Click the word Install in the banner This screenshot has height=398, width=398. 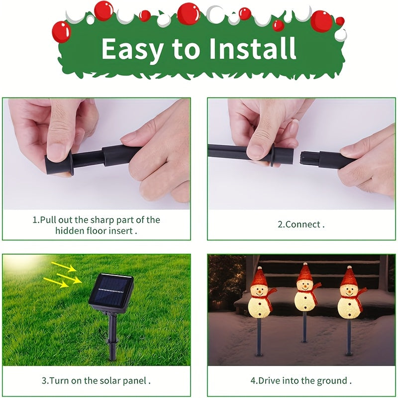[253, 48]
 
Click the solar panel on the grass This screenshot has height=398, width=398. [111, 293]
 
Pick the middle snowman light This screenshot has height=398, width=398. [306, 302]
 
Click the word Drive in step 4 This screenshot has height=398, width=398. [269, 381]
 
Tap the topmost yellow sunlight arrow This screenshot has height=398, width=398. [64, 267]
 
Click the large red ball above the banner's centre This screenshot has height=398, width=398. [189, 14]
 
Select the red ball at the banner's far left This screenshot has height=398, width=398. [61, 32]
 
